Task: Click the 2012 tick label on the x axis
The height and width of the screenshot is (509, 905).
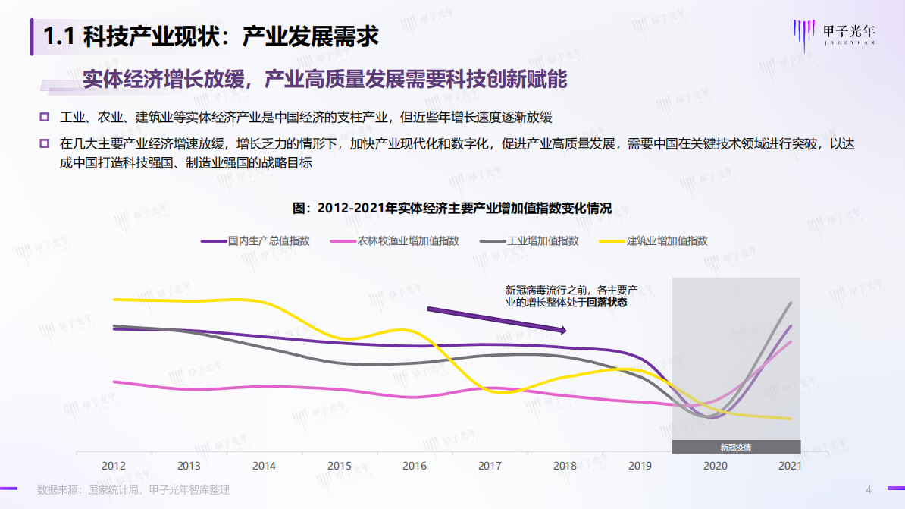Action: (114, 465)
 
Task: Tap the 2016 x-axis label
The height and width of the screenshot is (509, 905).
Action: (415, 465)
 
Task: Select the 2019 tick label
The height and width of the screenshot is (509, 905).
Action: (640, 465)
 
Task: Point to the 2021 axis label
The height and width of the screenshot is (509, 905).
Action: (790, 465)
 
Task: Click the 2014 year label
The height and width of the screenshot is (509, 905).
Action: (264, 465)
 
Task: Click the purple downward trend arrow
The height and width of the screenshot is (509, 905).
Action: (496, 319)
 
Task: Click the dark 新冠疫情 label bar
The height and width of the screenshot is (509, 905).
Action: (736, 447)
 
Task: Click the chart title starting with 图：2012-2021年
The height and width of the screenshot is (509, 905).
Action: (452, 208)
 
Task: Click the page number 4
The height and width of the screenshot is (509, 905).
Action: (869, 489)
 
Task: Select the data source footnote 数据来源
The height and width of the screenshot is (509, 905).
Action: (133, 490)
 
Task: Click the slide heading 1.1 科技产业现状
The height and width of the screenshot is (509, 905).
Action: (211, 36)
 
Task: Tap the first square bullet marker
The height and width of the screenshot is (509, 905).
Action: (45, 117)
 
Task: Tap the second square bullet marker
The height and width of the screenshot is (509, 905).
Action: (45, 143)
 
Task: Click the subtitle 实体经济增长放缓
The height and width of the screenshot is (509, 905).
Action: (326, 79)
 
